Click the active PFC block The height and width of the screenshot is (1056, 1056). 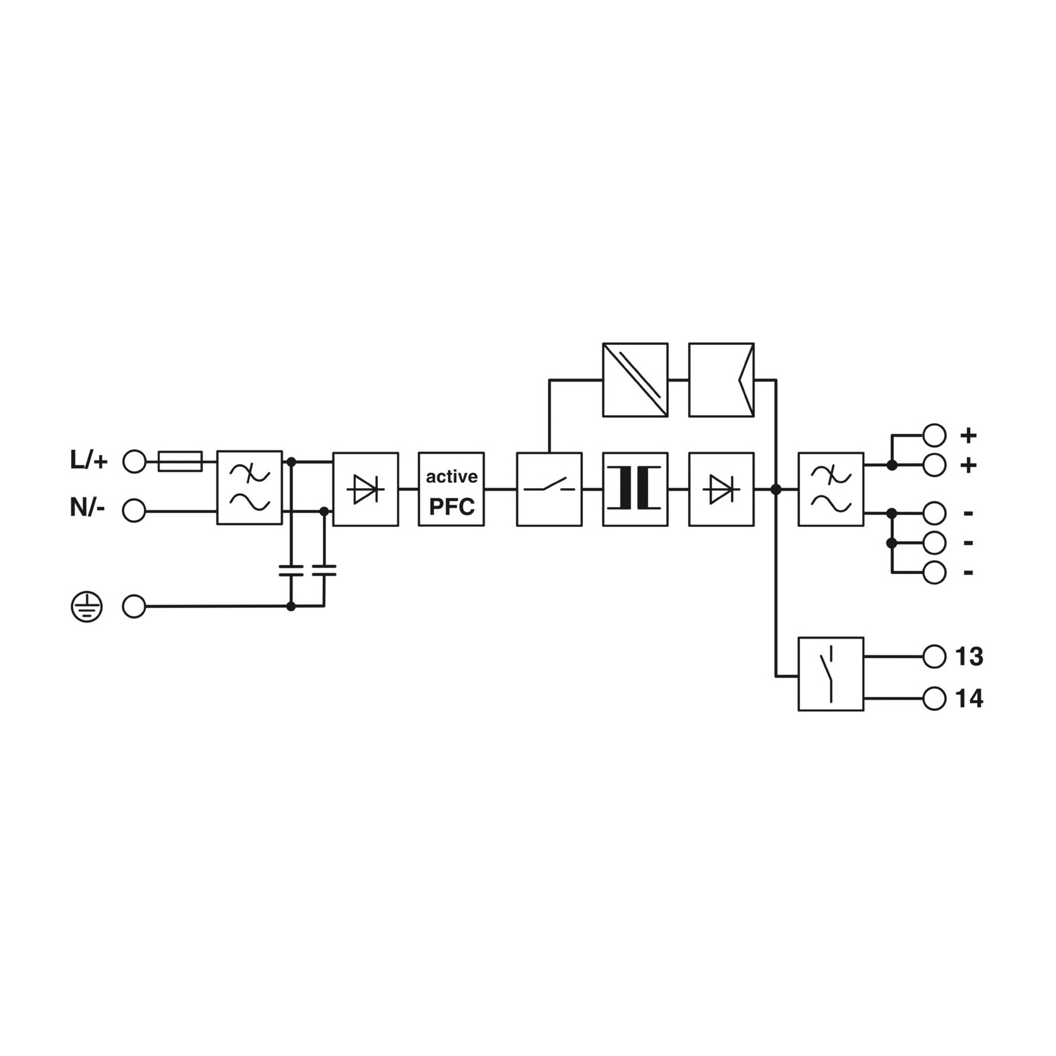coord(451,489)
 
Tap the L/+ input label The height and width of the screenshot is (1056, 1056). coord(89,461)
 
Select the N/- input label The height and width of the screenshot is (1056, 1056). coord(87,507)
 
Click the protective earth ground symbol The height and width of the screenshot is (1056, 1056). coord(86,607)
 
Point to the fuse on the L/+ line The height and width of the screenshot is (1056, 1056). coord(180,461)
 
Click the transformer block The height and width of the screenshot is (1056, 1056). coord(635,489)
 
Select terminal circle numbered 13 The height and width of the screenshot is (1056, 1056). coord(934,656)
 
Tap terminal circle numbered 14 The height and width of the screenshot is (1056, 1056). coord(934,698)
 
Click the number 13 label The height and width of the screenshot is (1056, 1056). coord(970,657)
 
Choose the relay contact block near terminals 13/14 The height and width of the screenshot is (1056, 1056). coord(831,674)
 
